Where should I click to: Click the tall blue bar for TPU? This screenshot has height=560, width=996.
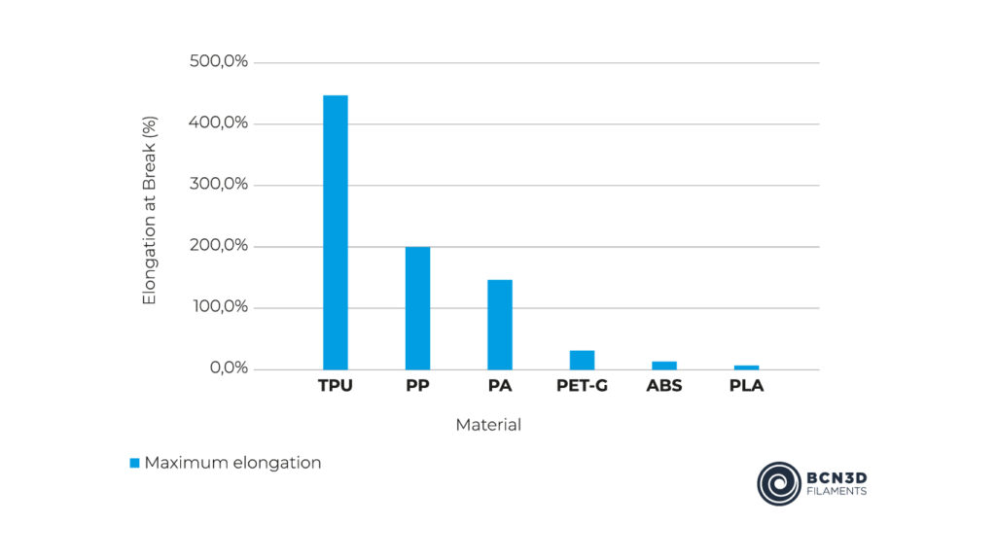tap(335, 232)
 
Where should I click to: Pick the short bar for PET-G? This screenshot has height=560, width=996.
tap(582, 360)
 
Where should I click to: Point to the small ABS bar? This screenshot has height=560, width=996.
tap(664, 366)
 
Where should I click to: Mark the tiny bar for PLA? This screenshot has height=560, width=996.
tap(746, 367)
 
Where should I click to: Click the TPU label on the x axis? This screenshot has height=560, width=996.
tap(335, 386)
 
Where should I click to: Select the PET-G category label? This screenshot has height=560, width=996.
tap(582, 386)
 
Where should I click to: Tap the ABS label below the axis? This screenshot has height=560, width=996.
tap(664, 386)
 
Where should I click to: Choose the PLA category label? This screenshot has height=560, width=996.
tap(746, 386)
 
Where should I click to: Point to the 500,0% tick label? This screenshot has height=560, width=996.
tap(221, 62)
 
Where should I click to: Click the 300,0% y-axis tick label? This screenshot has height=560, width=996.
tap(221, 185)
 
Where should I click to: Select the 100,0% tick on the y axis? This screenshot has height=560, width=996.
tap(221, 307)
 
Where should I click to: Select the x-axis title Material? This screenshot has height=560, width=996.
tap(488, 425)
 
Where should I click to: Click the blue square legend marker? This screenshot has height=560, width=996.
tap(135, 463)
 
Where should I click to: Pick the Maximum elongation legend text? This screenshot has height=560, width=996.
tap(232, 463)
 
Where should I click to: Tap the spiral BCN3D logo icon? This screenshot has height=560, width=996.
tap(779, 483)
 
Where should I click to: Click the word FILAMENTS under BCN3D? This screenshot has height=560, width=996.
tap(836, 493)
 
